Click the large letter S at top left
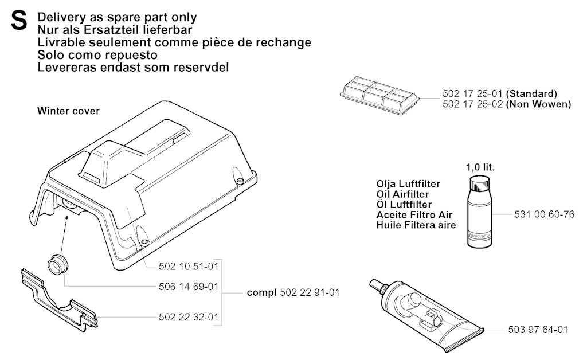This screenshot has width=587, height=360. tap(19, 21)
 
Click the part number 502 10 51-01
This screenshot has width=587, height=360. tap(188, 267)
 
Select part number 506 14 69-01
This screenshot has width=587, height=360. tap(188, 287)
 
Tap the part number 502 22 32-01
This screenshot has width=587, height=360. tap(188, 317)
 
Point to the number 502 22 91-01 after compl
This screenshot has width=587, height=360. tap(310, 292)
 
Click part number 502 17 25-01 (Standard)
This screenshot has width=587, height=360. tap(500, 93)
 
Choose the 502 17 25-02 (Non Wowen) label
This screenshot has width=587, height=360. tap(507, 104)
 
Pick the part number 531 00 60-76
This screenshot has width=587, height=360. tap(544, 214)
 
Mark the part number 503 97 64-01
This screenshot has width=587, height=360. tap(538, 330)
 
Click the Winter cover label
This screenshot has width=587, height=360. tap(69, 111)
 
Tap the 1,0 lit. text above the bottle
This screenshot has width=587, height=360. tap(480, 167)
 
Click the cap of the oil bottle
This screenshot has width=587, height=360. tap(480, 183)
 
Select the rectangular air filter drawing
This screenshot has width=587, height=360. tap(379, 95)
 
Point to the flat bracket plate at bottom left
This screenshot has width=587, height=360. tap(59, 300)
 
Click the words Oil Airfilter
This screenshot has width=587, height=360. tap(402, 194)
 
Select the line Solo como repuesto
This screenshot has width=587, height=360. tap(97, 55)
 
